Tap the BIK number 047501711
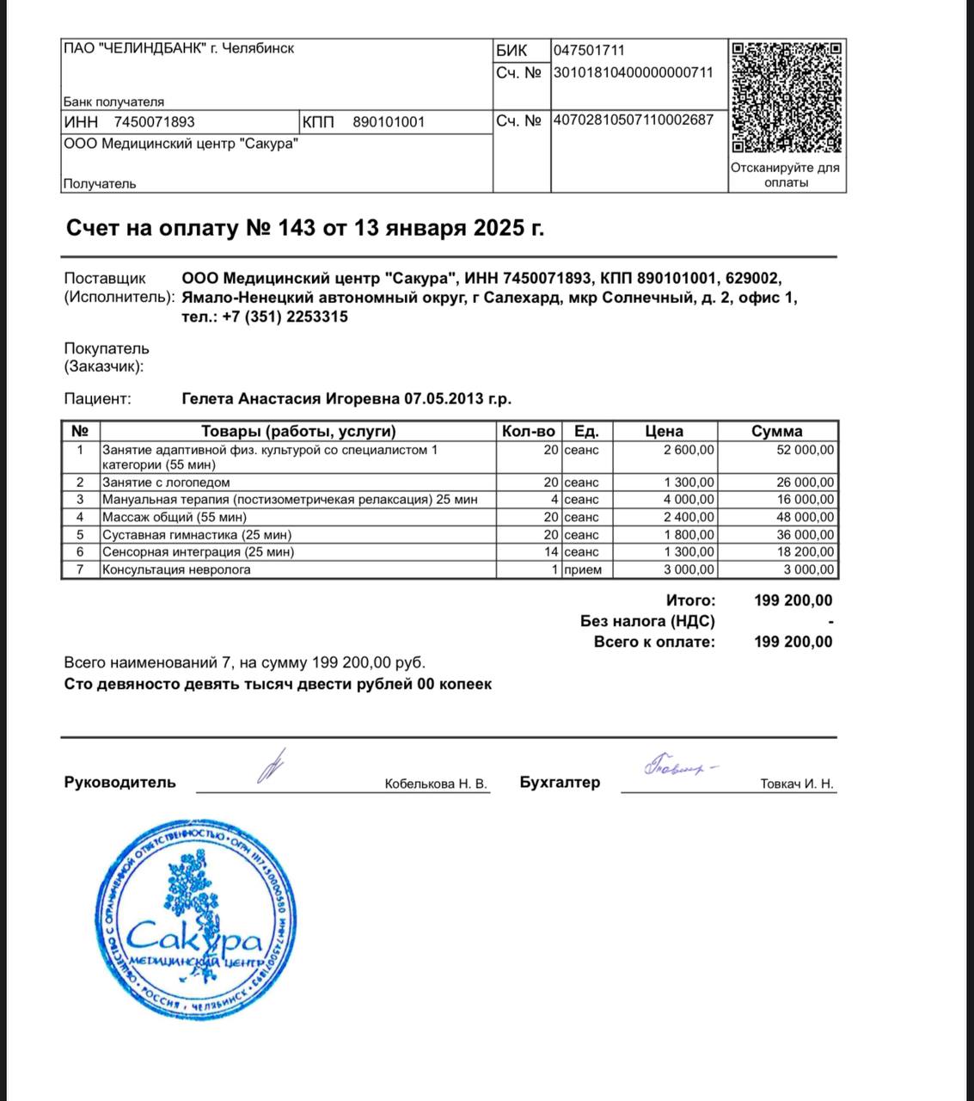click(589, 51)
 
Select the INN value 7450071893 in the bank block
click(155, 122)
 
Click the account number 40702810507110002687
click(633, 120)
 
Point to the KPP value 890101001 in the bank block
click(389, 122)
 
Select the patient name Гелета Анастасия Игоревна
click(291, 399)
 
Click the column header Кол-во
click(529, 431)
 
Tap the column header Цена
click(664, 431)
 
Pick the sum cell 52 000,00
click(805, 450)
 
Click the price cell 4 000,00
click(689, 500)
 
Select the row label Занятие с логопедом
click(166, 483)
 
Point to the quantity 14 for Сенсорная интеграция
click(551, 552)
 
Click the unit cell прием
click(583, 569)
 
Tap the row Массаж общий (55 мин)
click(175, 517)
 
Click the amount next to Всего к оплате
click(793, 642)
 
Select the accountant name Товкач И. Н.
click(797, 784)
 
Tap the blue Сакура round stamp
click(196, 919)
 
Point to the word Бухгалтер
click(560, 782)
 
